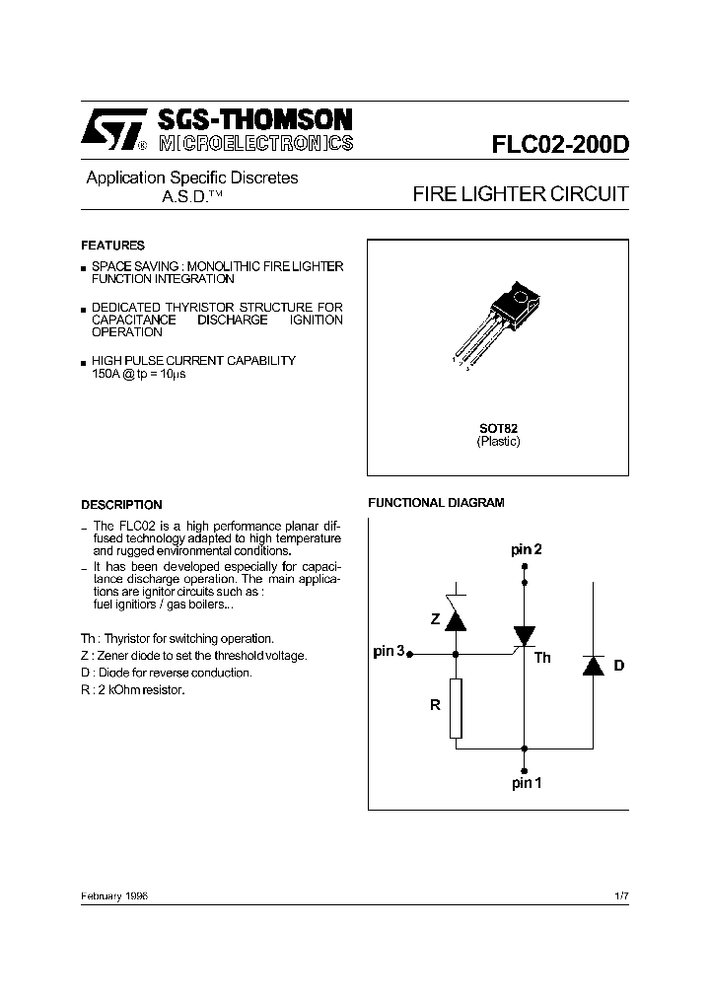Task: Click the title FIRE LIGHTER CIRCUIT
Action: [x=520, y=194]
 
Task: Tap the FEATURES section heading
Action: [x=112, y=246]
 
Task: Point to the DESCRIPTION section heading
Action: [x=121, y=504]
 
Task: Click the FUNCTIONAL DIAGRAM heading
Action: [x=436, y=503]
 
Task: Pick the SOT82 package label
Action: [x=498, y=428]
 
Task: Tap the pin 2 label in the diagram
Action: [x=526, y=549]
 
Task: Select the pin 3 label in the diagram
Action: [x=389, y=651]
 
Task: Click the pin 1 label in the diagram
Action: [x=527, y=783]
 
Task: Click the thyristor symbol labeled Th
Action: [x=524, y=635]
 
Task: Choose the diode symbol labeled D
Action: [x=593, y=665]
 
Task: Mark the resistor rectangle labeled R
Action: [x=456, y=707]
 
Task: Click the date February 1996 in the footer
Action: [x=114, y=895]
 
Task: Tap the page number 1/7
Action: [x=620, y=895]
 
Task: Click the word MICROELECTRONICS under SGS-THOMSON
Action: [x=254, y=144]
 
